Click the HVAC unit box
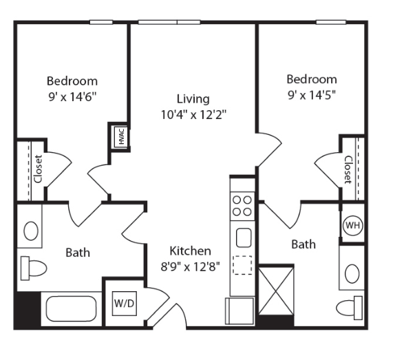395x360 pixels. (x=121, y=136)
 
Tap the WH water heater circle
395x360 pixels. (x=352, y=225)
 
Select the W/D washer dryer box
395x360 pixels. (x=125, y=304)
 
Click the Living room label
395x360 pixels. (x=193, y=98)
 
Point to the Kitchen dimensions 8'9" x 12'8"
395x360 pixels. (x=191, y=266)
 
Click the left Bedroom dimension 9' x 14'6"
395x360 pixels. (x=72, y=97)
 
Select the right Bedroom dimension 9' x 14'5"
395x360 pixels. (x=312, y=95)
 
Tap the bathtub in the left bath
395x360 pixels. (x=71, y=308)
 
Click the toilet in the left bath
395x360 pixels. (x=34, y=268)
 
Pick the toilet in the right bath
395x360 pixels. (x=350, y=308)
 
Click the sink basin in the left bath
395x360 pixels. (x=31, y=231)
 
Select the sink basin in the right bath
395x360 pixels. (x=352, y=273)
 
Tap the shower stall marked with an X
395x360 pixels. (x=277, y=290)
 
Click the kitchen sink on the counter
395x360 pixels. (x=244, y=237)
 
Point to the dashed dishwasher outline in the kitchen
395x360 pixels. (x=242, y=265)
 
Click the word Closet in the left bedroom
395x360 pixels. (x=38, y=169)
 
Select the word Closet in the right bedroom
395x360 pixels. (x=348, y=170)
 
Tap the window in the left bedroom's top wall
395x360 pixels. (x=101, y=22)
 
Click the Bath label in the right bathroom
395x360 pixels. (x=303, y=244)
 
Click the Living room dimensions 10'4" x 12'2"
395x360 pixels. (x=193, y=115)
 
